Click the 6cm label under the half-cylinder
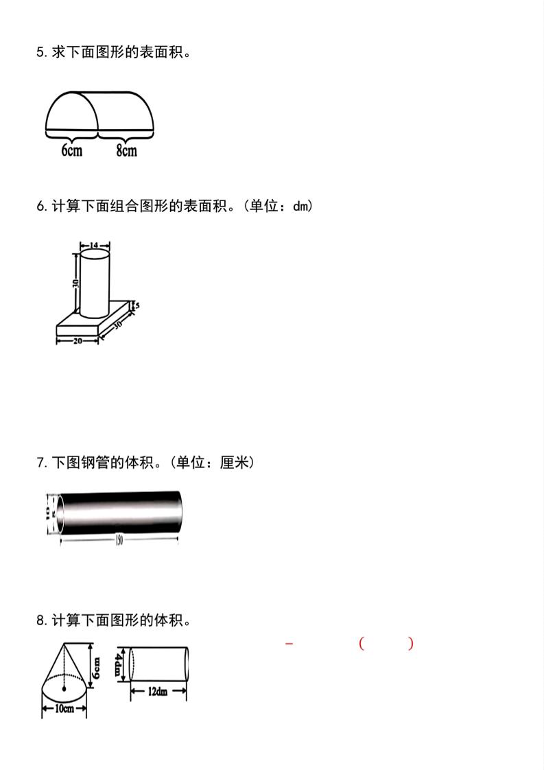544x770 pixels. pos(71,150)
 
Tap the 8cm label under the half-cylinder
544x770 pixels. pos(126,150)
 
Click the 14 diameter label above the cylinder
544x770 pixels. pos(95,245)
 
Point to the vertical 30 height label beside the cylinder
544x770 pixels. pos(75,283)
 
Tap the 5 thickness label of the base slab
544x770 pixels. pos(137,305)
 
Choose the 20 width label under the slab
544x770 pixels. pos(78,340)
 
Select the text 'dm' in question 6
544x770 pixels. pos(300,206)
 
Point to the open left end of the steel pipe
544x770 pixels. pos(60,513)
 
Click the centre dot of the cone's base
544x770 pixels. pos(64,687)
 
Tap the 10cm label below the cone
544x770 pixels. pos(64,709)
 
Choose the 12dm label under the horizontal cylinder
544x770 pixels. pos(158,692)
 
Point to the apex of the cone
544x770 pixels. pos(64,643)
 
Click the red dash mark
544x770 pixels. pos(289,644)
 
